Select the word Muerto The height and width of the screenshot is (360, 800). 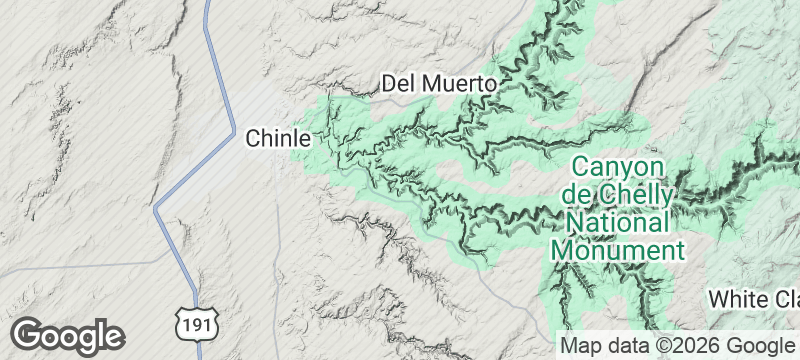pos(460,84)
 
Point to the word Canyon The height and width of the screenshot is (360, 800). pos(618,166)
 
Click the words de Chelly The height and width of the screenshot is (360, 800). pos(618,193)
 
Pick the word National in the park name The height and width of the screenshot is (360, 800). pos(618,221)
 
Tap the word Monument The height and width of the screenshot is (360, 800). pos(618,249)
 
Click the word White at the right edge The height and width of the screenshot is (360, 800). pos(737,299)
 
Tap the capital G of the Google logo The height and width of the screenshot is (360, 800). pos(27,333)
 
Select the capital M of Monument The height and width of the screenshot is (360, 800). pos(560,249)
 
